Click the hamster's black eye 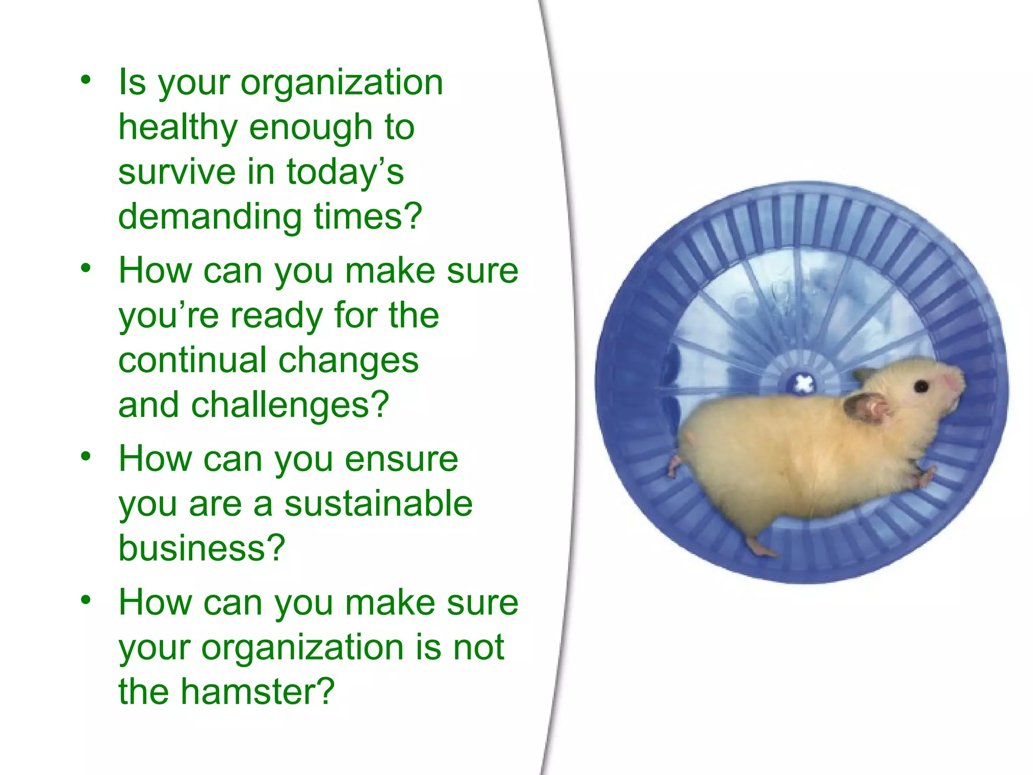(x=921, y=387)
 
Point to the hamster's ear (x=867, y=407)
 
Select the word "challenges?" (x=290, y=405)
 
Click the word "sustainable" (x=378, y=504)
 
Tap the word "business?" (x=202, y=548)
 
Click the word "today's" (x=345, y=172)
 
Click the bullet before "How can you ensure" (x=86, y=456)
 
